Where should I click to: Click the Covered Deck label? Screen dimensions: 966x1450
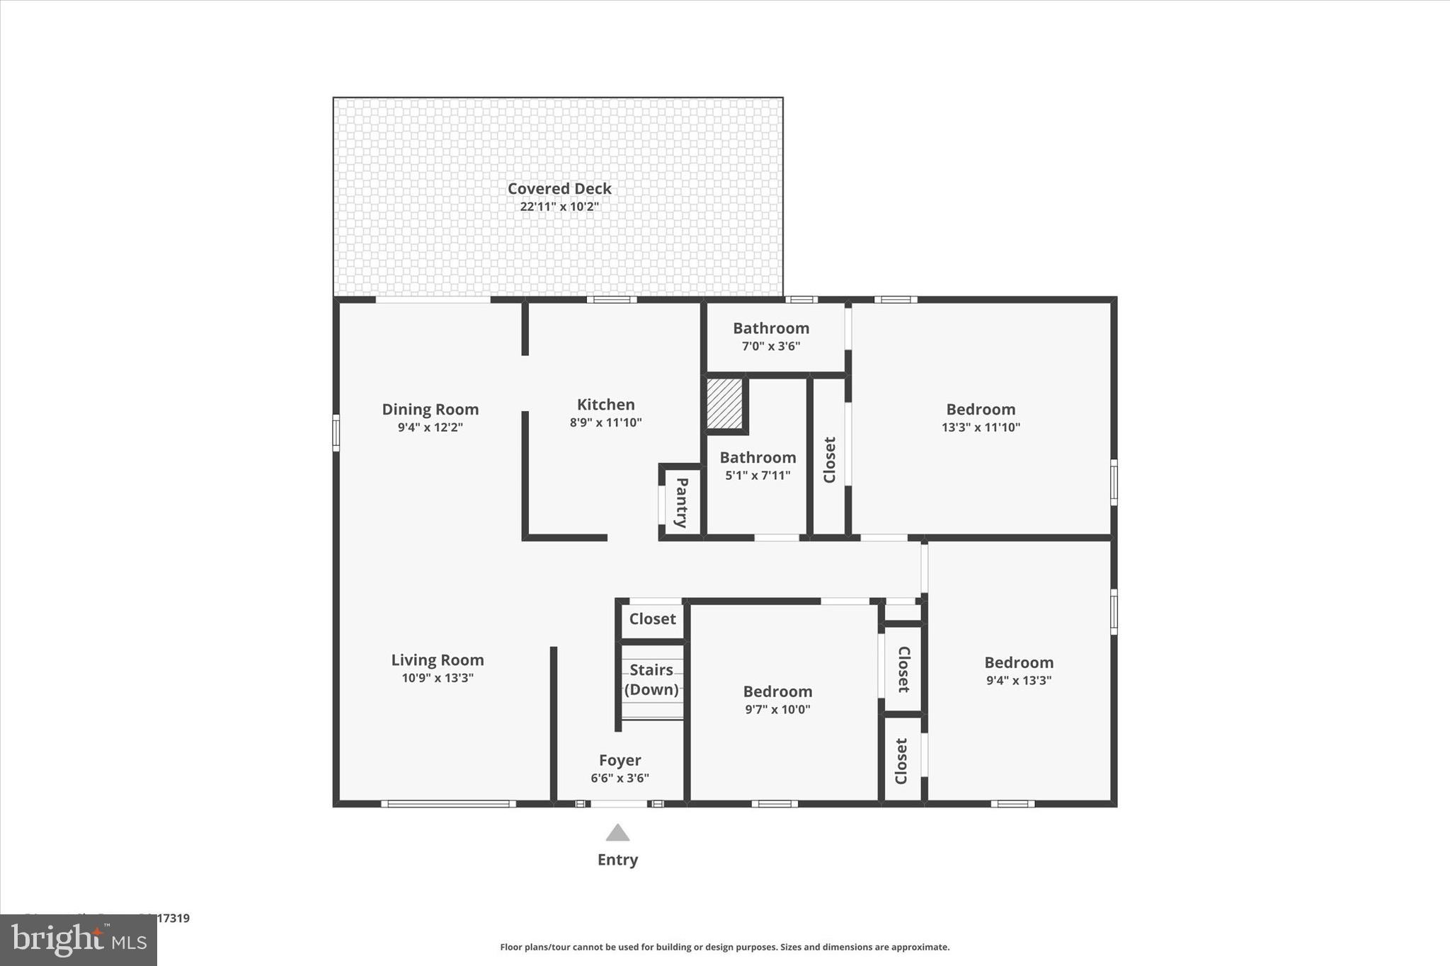click(x=559, y=188)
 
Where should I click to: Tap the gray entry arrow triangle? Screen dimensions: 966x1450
click(x=617, y=833)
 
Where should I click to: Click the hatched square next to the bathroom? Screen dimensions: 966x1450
click(x=724, y=403)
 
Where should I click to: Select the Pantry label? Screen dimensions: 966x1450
click(x=681, y=502)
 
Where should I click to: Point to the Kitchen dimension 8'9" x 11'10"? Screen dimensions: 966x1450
click(x=605, y=422)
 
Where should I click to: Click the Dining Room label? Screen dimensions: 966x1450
click(x=430, y=409)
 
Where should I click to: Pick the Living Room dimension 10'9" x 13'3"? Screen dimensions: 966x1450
click(x=438, y=678)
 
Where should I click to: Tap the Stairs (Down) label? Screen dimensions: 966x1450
click(x=651, y=679)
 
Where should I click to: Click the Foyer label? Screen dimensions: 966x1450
click(x=620, y=760)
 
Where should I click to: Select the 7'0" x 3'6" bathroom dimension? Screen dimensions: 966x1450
click(x=770, y=346)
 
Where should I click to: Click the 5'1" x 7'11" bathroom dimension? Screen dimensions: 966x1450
click(x=758, y=476)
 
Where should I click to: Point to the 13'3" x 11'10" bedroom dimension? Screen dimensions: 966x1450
click(x=981, y=427)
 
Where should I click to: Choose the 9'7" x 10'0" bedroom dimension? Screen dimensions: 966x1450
click(x=777, y=709)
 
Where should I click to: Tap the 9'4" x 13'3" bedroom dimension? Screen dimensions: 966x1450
click(x=1019, y=680)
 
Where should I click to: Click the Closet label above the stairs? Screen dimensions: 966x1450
click(x=652, y=619)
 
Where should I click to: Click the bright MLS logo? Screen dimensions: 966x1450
click(x=79, y=940)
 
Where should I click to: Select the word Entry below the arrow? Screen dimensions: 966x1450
click(x=617, y=860)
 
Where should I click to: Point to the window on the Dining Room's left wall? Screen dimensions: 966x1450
click(x=336, y=432)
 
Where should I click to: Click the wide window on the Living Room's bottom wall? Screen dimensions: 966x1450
click(x=448, y=803)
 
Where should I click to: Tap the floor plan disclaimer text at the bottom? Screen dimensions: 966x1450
click(x=724, y=947)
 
